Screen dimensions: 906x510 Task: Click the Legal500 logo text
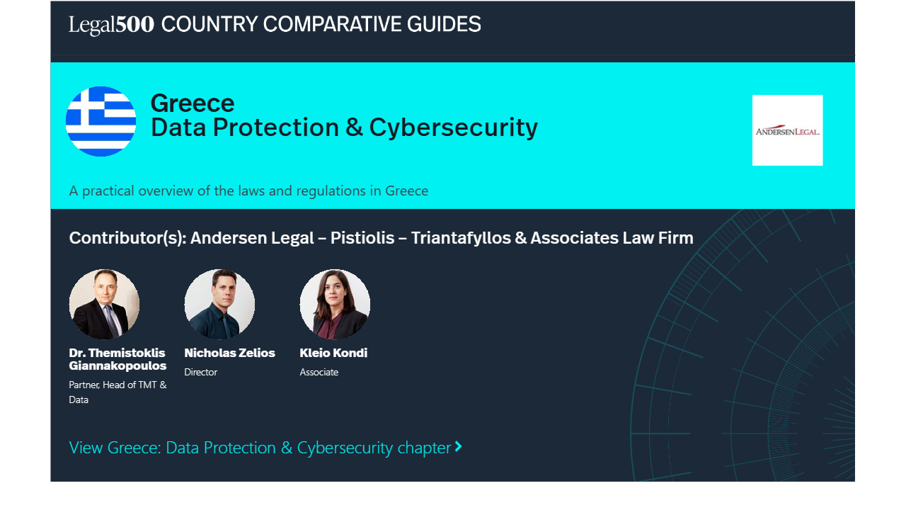point(111,25)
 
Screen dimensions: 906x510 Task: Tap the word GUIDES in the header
point(444,24)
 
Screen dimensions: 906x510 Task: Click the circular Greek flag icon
point(101,121)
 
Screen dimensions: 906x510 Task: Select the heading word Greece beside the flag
point(192,103)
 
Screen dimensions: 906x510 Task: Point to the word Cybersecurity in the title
point(454,129)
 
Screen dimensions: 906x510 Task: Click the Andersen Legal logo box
point(787,130)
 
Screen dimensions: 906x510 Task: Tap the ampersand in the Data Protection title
point(354,127)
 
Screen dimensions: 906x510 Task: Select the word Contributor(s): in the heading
point(128,238)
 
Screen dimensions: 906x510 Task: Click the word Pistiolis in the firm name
point(362,238)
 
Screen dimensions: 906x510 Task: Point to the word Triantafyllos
point(461,238)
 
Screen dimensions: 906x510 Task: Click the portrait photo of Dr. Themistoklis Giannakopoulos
point(104,305)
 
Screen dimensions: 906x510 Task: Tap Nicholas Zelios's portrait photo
point(219,305)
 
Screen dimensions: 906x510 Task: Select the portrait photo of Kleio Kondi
point(335,305)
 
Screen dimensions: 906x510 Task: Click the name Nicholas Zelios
point(229,353)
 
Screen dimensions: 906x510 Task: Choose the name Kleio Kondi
point(333,353)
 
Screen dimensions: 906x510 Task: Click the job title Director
point(200,372)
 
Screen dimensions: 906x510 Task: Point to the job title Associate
point(319,372)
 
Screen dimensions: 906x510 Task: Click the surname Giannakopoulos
point(117,366)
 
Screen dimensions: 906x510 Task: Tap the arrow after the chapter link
point(458,446)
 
